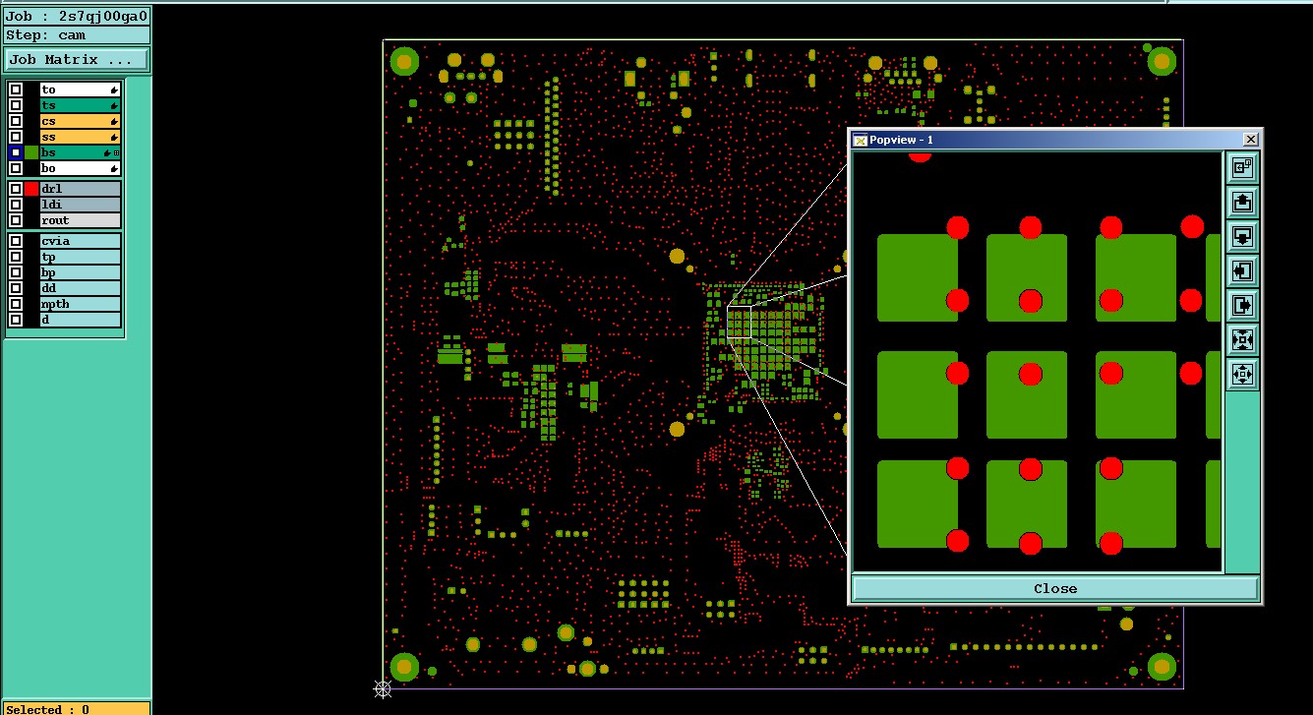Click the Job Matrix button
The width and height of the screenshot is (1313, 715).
76,60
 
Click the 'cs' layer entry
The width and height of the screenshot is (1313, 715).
80,121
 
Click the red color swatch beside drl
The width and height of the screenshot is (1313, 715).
31,189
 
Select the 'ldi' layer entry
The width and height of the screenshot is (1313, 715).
80,205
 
